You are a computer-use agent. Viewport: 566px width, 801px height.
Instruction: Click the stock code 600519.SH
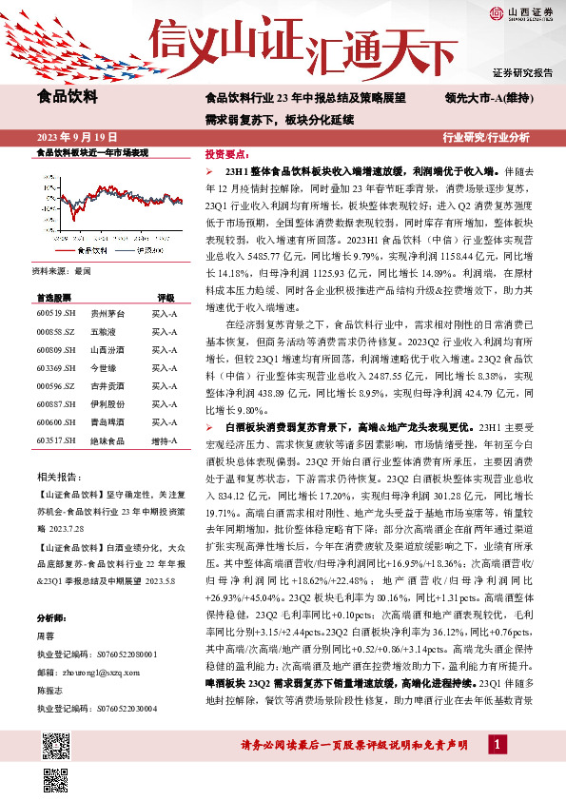[55, 312]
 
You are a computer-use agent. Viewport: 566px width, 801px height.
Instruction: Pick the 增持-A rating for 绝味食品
[165, 440]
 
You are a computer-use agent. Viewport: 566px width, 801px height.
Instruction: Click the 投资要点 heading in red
[227, 153]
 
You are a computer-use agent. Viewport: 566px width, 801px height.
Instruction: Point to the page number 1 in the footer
[497, 769]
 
